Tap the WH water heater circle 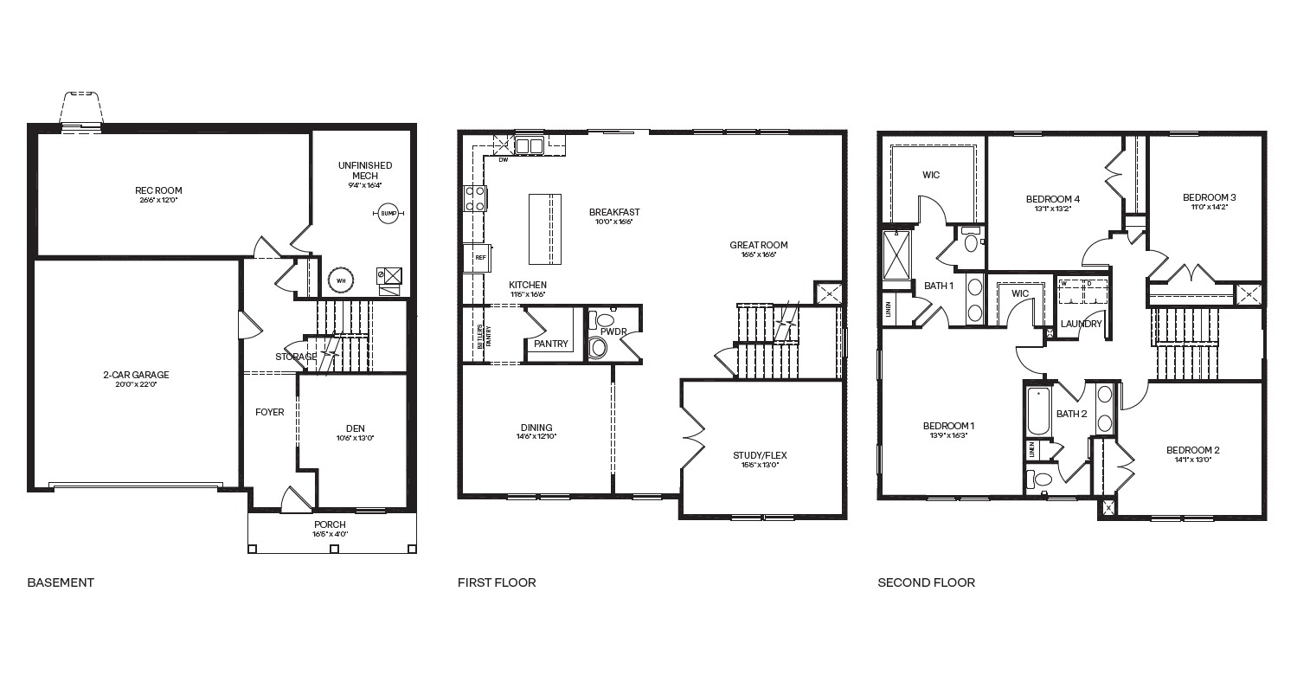tap(340, 280)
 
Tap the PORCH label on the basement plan tap(330, 524)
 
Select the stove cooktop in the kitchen tap(475, 199)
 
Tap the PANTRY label tap(551, 344)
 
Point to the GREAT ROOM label tap(759, 245)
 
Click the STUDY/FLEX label tap(760, 455)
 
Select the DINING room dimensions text tap(536, 437)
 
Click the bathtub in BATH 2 tap(1037, 412)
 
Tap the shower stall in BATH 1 tap(897, 258)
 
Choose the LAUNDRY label tap(1082, 324)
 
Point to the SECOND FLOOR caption tap(926, 582)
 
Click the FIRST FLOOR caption tap(497, 582)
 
